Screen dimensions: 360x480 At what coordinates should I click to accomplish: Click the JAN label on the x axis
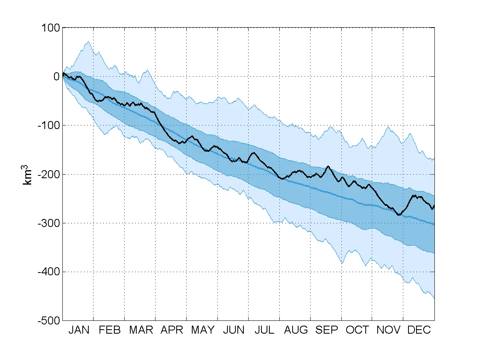(79, 330)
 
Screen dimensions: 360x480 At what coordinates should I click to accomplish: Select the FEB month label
(110, 330)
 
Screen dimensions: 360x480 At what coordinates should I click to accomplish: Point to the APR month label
(172, 330)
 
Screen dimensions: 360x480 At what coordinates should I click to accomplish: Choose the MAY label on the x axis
(203, 330)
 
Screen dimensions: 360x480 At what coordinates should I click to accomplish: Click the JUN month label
(234, 330)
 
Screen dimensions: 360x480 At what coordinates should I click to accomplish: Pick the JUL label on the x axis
(265, 330)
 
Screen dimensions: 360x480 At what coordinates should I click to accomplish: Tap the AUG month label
(296, 330)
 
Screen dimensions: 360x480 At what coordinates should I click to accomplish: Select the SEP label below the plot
(327, 330)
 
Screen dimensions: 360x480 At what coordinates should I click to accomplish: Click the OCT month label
(357, 330)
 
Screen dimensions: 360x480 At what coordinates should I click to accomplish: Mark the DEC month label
(419, 330)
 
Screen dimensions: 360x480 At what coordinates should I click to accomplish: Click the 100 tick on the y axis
(50, 28)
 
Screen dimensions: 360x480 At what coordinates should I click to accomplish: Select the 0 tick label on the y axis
(56, 77)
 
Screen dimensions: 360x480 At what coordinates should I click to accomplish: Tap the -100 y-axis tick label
(48, 125)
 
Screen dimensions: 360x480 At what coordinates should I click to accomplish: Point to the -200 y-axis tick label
(48, 174)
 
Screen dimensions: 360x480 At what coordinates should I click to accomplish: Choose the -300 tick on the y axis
(48, 223)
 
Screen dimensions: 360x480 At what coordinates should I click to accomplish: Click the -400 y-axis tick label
(48, 272)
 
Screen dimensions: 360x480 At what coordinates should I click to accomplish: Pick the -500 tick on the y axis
(48, 320)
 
